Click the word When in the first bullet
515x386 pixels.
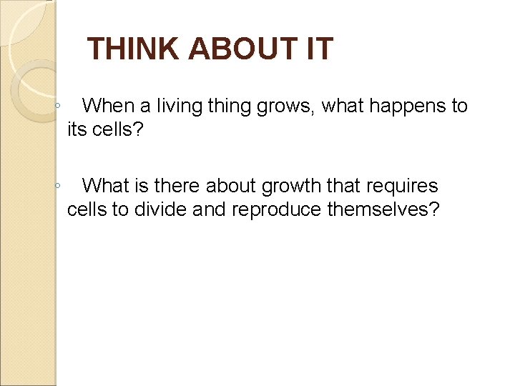[x=109, y=107]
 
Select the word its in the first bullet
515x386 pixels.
[x=77, y=130]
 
